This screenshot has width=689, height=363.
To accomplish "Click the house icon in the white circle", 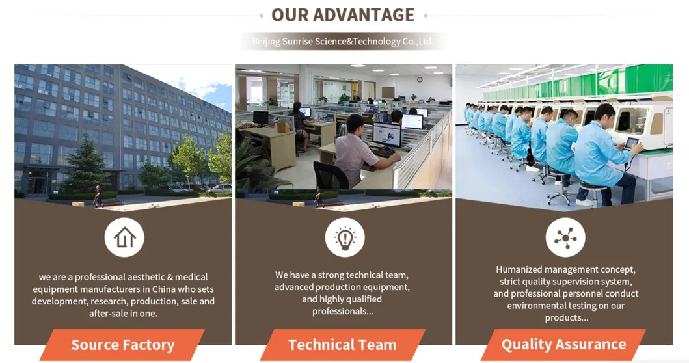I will [x=124, y=237].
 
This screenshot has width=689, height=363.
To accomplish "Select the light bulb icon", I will [x=344, y=237].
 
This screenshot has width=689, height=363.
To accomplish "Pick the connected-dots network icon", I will [x=565, y=237].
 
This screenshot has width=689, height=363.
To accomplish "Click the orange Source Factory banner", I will [x=122, y=345].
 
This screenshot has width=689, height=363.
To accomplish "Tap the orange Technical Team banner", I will [x=342, y=345].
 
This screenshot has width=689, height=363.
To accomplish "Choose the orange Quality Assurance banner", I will [x=563, y=345].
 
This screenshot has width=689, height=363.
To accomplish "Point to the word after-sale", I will [x=111, y=313].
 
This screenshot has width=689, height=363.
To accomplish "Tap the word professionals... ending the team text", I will [x=343, y=311].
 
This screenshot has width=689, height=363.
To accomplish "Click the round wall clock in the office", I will [x=420, y=79].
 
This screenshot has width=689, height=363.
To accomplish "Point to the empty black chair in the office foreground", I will [x=329, y=176].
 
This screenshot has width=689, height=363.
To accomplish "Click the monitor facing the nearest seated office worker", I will [x=386, y=135].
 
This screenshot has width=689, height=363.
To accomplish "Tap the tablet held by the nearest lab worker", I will [x=631, y=143].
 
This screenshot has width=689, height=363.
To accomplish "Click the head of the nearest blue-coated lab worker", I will [x=604, y=114].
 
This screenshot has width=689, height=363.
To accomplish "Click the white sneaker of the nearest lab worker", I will [x=585, y=202].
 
